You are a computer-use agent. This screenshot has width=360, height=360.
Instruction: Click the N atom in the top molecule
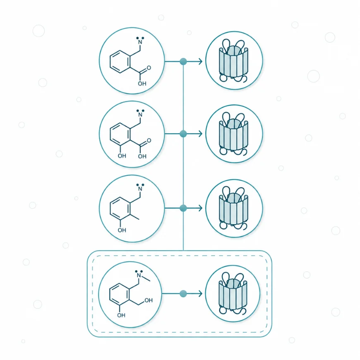point(140,42)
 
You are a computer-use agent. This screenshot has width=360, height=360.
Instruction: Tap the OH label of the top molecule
point(142,84)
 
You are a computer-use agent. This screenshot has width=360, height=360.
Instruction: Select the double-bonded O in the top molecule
point(149,68)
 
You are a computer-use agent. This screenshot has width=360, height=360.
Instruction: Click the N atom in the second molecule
point(140,115)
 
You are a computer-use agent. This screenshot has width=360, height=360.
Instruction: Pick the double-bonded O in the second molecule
point(149,140)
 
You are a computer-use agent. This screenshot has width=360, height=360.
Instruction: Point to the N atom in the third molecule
point(140,189)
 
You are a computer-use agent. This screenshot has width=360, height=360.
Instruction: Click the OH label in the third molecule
point(122,230)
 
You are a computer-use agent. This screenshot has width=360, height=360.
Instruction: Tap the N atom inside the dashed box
point(139,275)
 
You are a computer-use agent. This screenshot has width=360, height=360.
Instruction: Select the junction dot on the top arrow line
point(183,62)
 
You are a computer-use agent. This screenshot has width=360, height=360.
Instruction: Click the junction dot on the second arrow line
point(183,134)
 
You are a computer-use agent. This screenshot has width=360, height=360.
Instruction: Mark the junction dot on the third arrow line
point(183,208)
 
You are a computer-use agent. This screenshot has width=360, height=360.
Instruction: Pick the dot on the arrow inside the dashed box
point(183,294)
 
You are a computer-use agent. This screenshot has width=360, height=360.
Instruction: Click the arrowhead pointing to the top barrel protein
point(200,62)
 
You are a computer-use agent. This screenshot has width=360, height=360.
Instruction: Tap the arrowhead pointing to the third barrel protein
point(200,208)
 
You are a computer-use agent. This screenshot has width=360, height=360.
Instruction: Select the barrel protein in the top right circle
point(233,61)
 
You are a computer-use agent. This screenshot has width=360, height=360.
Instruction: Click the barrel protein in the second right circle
point(233,134)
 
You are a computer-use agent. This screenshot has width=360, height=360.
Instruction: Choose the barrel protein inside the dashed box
point(233,293)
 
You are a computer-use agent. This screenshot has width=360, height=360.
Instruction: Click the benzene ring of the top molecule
point(120,62)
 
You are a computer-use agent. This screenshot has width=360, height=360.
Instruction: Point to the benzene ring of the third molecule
point(120,209)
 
